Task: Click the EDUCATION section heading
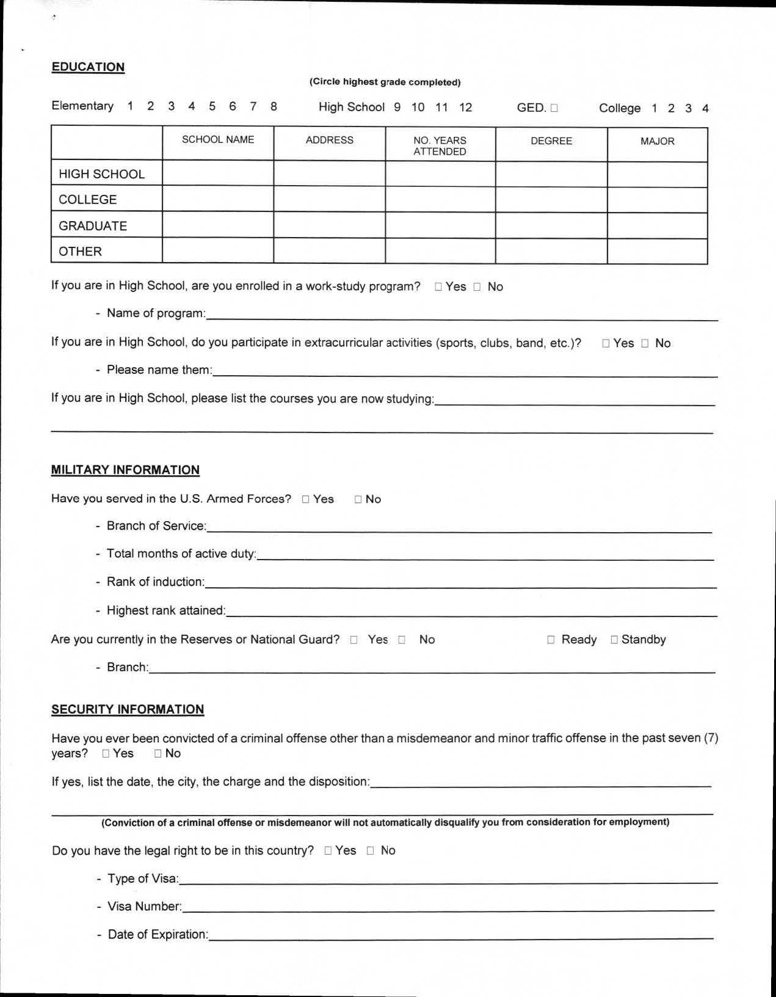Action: (x=88, y=67)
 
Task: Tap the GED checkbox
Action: (x=554, y=109)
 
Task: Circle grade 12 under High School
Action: (x=465, y=108)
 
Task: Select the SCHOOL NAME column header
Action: (x=218, y=140)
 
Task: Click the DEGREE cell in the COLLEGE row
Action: (x=551, y=200)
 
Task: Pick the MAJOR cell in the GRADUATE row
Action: (x=658, y=225)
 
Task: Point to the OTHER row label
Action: (x=80, y=252)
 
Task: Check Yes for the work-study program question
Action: (x=438, y=287)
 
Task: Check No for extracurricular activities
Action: (x=645, y=344)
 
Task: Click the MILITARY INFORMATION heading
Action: (x=125, y=470)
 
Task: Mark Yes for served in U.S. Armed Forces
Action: (x=306, y=500)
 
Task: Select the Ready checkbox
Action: (x=551, y=640)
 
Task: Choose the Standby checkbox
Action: (x=614, y=640)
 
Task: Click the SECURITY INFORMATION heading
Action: (x=128, y=709)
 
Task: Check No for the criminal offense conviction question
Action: (x=158, y=754)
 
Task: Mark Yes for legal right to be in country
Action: (x=328, y=851)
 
